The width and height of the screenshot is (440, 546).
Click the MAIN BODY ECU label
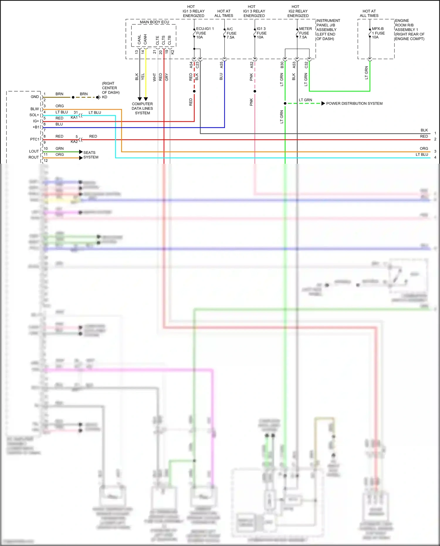[x=154, y=22]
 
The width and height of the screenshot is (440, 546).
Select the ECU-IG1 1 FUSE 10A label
[x=204, y=33]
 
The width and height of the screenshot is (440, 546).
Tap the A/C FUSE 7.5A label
[x=231, y=33]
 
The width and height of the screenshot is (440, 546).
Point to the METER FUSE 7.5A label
[x=305, y=33]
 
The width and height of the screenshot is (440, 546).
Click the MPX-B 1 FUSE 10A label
[x=378, y=33]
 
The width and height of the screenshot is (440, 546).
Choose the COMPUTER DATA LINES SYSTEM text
[x=142, y=108]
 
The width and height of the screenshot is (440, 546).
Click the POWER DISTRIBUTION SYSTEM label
[x=354, y=104]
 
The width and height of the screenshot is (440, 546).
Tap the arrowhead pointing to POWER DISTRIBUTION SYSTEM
[x=323, y=104]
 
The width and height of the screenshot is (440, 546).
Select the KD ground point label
[x=104, y=97]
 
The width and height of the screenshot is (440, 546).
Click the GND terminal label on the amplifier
[x=35, y=97]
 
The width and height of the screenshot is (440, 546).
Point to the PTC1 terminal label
[x=34, y=139]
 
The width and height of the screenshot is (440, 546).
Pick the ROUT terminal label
[x=33, y=158]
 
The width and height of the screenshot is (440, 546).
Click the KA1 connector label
[x=74, y=117]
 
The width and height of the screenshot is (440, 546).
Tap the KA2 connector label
[x=74, y=142]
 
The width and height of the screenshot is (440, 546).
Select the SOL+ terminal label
[x=34, y=115]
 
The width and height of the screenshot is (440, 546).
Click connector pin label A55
[x=221, y=65]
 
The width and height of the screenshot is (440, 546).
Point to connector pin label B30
[x=282, y=65]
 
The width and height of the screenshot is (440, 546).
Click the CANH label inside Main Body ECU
[x=145, y=39]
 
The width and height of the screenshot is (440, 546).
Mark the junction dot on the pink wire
[x=255, y=91]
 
